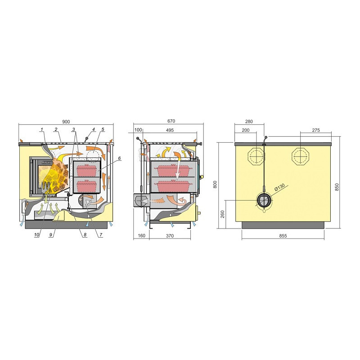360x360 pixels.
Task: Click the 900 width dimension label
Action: pyautogui.click(x=66, y=121)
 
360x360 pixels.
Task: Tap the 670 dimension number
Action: pyautogui.click(x=171, y=121)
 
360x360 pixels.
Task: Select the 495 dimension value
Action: pyautogui.click(x=170, y=130)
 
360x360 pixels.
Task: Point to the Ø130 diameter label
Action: pyautogui.click(x=279, y=187)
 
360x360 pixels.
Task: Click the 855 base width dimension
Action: pyautogui.click(x=283, y=236)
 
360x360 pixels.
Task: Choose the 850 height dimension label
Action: pyautogui.click(x=337, y=187)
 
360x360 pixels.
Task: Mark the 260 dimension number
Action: pyautogui.click(x=222, y=214)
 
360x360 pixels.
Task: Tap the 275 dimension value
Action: pyautogui.click(x=316, y=130)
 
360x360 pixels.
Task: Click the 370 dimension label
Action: pyautogui.click(x=170, y=236)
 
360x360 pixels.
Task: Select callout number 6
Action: pyautogui.click(x=119, y=158)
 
